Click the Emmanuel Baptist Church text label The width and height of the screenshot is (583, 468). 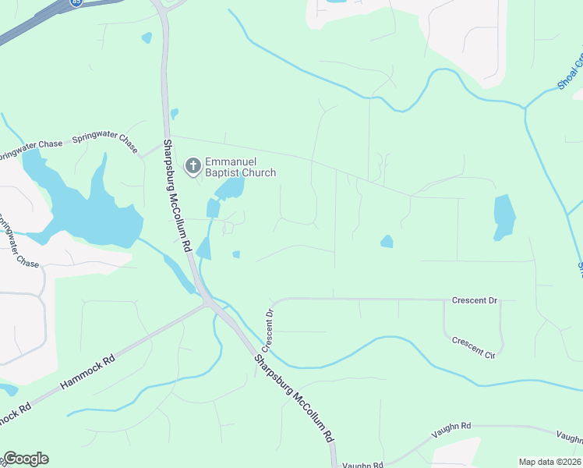pyautogui.click(x=240, y=167)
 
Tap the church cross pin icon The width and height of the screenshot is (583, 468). pyautogui.click(x=193, y=165)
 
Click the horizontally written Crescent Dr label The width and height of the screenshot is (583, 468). pyautogui.click(x=474, y=300)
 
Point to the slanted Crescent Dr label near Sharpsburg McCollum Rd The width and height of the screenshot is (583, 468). pyautogui.click(x=270, y=328)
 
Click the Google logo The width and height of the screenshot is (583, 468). pyautogui.click(x=26, y=459)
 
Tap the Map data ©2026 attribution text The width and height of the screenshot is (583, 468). pyautogui.click(x=549, y=462)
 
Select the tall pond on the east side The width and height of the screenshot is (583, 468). pyautogui.click(x=504, y=216)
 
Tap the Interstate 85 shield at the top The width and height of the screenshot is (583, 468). pyautogui.click(x=75, y=2)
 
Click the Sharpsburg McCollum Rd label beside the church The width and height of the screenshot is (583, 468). pyautogui.click(x=176, y=195)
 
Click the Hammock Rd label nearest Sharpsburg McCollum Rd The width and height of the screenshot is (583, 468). pyautogui.click(x=87, y=373)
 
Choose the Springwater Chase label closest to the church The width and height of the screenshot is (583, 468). pyautogui.click(x=105, y=141)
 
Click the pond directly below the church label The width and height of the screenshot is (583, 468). pyautogui.click(x=231, y=188)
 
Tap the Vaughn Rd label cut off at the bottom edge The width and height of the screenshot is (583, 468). pyautogui.click(x=363, y=465)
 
